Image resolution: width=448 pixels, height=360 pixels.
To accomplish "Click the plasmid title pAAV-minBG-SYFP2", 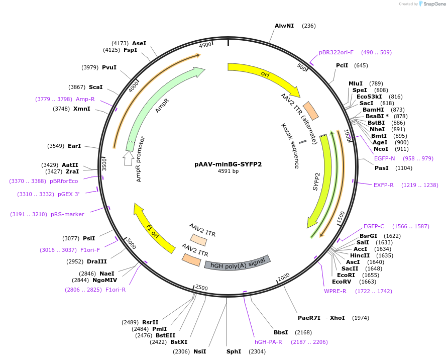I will click(228, 164).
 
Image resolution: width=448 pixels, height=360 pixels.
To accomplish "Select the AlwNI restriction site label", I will click(284, 26).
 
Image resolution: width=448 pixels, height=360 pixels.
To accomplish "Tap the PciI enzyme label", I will click(342, 65).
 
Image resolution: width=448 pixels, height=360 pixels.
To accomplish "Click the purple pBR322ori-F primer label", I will click(336, 52).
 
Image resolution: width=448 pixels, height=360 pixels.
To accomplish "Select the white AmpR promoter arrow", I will click(128, 158).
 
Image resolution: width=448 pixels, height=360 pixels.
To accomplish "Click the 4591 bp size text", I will click(228, 171).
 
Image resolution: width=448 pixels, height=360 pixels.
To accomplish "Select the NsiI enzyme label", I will click(199, 351).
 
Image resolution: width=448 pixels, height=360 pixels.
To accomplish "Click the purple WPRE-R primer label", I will click(335, 291).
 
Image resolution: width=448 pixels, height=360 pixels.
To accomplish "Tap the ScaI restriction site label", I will click(95, 87).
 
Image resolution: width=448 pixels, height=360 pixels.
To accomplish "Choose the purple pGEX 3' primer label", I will click(69, 194).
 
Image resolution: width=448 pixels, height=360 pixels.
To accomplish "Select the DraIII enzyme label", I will click(96, 261).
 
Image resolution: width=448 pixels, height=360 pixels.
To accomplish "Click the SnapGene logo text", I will click(433, 4).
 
